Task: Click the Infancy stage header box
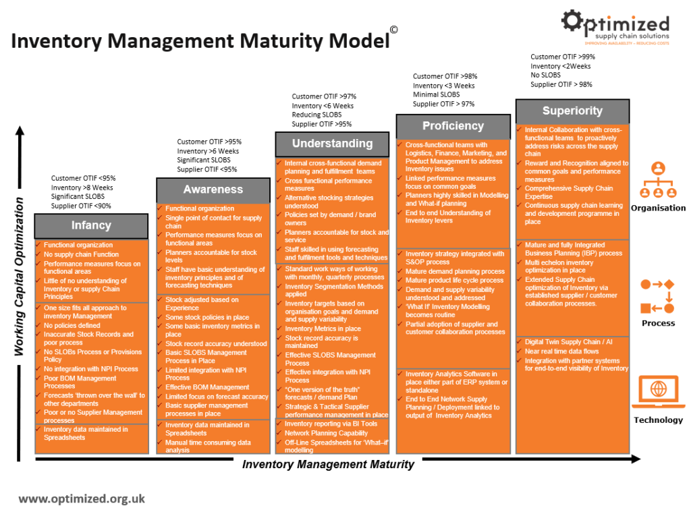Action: coord(91,225)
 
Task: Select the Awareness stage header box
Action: coord(213,190)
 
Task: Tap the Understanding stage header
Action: coord(332,144)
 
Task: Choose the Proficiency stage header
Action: coord(453,126)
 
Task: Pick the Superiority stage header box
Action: coord(572,111)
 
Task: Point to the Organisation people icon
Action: coord(658,179)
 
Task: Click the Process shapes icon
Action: coord(657,296)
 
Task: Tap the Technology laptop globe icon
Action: coord(658,391)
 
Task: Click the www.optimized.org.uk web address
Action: coord(82,499)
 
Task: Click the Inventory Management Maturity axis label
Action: coord(328,464)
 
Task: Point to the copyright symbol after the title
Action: coord(393,30)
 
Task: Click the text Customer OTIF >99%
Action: coord(563,57)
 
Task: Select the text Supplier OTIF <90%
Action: coord(81,206)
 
